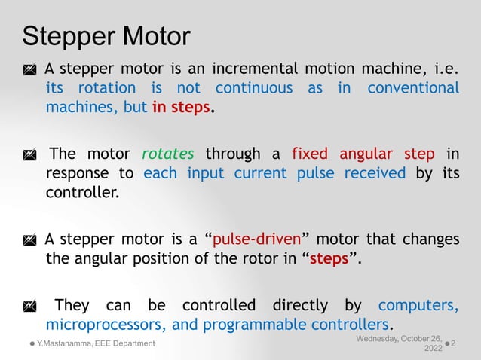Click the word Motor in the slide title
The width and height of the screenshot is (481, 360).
[154, 35]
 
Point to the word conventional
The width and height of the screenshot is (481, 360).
[413, 88]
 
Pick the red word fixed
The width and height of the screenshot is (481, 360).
[310, 154]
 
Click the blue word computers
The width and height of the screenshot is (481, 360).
[418, 306]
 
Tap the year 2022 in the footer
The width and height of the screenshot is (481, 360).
[434, 349]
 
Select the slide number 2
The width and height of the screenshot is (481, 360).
[462, 343]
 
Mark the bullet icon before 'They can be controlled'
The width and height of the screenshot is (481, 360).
[29, 307]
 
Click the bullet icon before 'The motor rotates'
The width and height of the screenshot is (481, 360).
[29, 155]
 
